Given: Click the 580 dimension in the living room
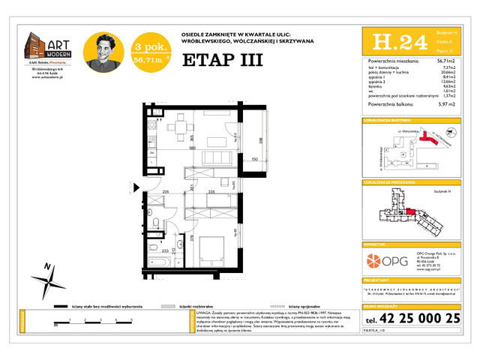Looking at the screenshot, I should pyautogui.click(x=172, y=148).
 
